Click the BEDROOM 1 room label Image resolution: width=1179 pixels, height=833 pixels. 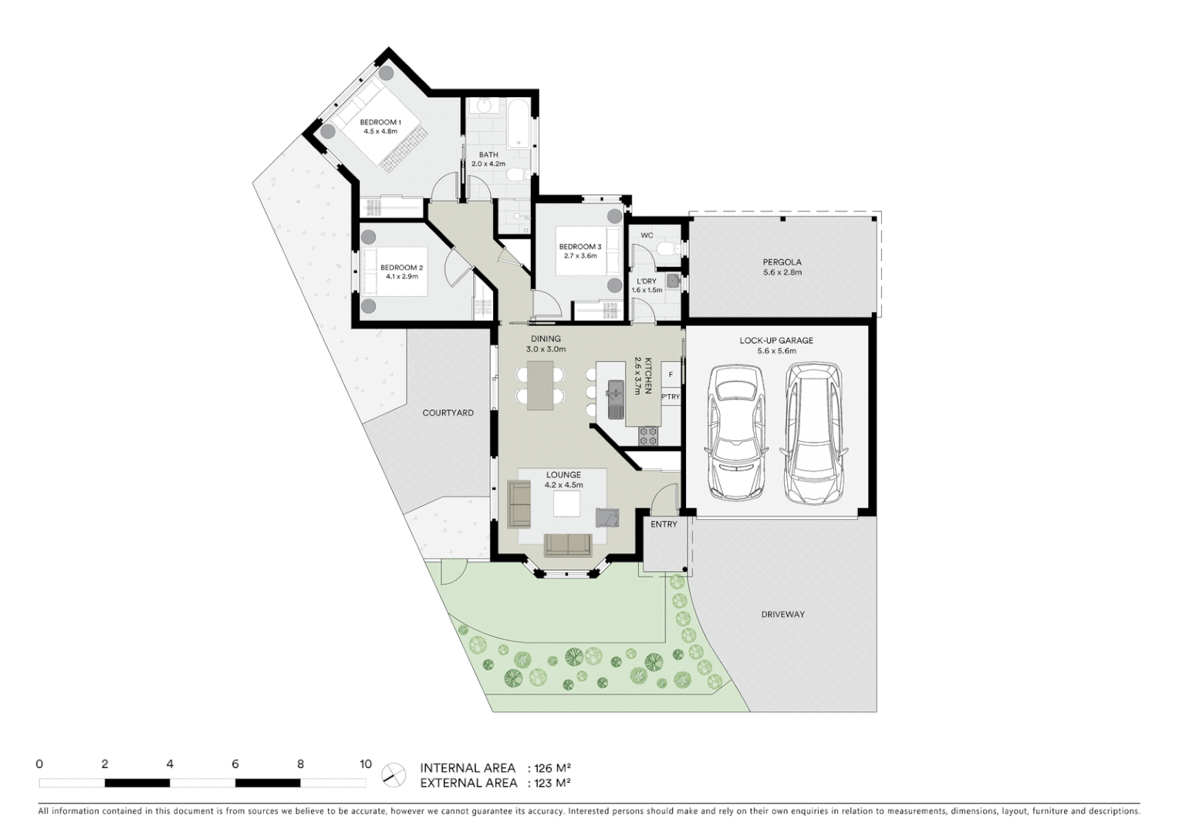click(x=380, y=122)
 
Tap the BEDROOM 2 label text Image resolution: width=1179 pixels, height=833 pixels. click(x=401, y=268)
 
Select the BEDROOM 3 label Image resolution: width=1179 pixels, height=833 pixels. click(x=580, y=247)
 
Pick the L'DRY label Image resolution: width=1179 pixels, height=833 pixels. click(x=646, y=282)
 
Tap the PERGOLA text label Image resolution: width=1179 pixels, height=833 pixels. click(x=782, y=262)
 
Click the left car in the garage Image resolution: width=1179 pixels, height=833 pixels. click(x=735, y=432)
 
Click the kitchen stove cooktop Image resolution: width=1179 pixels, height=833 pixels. click(x=648, y=437)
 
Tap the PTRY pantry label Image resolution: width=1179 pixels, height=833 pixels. click(x=671, y=397)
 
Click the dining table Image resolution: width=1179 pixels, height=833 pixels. click(x=540, y=385)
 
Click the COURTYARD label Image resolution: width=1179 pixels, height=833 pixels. click(x=448, y=413)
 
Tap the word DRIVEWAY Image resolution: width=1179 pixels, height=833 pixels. click(x=782, y=615)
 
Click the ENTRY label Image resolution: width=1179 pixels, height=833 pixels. click(x=664, y=524)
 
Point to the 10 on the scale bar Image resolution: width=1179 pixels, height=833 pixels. click(x=366, y=764)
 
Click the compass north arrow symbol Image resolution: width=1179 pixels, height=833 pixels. click(x=394, y=774)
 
